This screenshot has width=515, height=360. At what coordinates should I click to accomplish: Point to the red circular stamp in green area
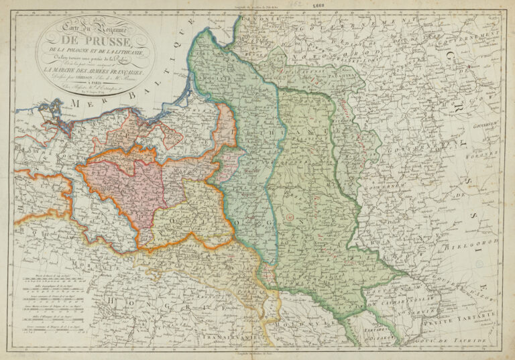click(289, 218)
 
